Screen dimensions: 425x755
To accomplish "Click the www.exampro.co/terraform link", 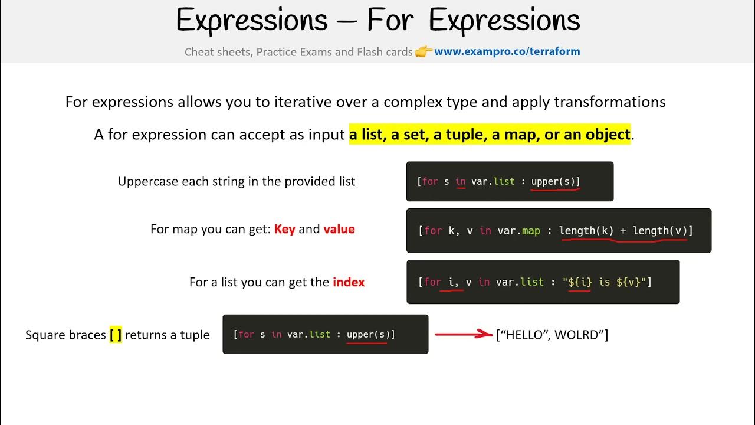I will click(507, 51).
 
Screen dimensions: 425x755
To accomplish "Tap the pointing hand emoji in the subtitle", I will click(424, 52).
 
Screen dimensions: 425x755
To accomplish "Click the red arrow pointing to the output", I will click(463, 335).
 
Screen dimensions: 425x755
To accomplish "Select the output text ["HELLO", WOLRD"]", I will click(552, 335).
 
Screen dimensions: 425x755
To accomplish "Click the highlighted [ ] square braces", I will click(116, 335).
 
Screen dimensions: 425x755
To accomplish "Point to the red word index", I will click(349, 282).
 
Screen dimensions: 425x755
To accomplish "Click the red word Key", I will click(284, 229).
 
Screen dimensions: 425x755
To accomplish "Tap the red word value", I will click(339, 229).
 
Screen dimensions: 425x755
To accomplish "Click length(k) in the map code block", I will click(586, 230).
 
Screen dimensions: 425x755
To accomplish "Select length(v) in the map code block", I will click(660, 230).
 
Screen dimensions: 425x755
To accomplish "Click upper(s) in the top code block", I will click(555, 181).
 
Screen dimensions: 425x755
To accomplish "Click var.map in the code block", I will click(518, 230).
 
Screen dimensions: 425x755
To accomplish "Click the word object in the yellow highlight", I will click(608, 135).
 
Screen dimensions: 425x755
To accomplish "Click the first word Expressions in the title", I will click(252, 21).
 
